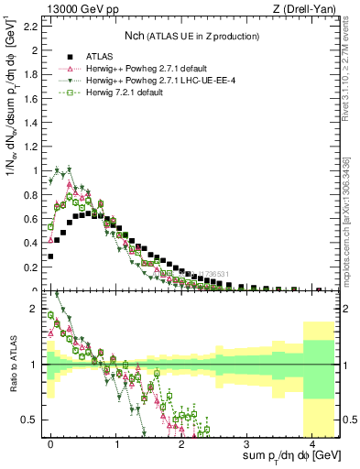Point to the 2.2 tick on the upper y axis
[29, 26]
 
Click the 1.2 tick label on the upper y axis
[29, 146]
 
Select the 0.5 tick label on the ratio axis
[29, 420]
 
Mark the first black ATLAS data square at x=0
[50, 256]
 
